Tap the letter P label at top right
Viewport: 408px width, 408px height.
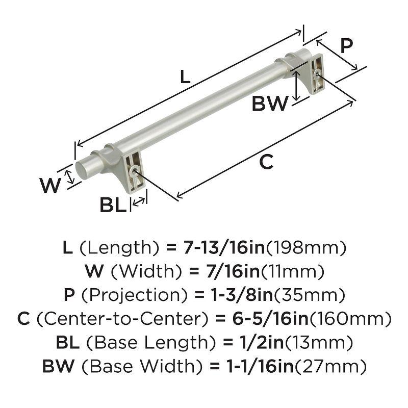[346, 46]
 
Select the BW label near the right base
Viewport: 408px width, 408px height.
[270, 104]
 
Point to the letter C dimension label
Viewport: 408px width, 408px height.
[266, 162]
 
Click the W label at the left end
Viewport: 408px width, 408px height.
[50, 186]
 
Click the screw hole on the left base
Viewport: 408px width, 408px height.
[134, 172]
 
